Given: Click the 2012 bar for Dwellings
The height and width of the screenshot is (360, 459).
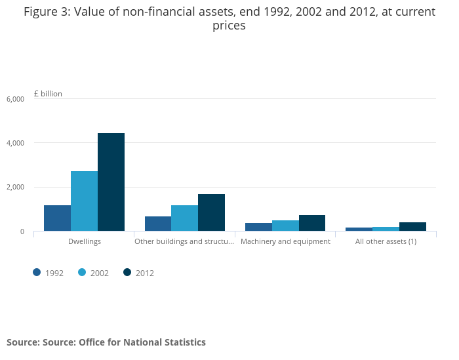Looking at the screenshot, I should [x=111, y=182].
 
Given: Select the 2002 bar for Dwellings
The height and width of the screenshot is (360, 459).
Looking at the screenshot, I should [x=84, y=201].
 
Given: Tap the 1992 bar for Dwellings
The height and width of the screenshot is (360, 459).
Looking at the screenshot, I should [x=57, y=218].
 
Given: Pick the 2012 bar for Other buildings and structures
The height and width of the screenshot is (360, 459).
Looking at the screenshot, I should [x=211, y=212].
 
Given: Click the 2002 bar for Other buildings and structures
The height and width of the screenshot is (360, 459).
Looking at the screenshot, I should [x=184, y=218].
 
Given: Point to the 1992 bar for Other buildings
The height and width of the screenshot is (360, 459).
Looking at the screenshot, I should [x=158, y=224].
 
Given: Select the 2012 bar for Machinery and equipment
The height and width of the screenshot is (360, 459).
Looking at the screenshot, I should [x=312, y=223].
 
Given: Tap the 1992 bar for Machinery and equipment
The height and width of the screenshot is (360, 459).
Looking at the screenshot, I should [x=258, y=227].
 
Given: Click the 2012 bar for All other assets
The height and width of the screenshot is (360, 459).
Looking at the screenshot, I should [x=412, y=226].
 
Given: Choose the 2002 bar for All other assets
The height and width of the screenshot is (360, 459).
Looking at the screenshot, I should [x=386, y=229].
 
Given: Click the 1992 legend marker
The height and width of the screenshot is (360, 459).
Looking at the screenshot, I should [x=37, y=273].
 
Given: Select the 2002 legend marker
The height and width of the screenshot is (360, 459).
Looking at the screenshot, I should [x=82, y=273].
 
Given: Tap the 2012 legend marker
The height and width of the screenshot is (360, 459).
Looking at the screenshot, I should [x=127, y=273].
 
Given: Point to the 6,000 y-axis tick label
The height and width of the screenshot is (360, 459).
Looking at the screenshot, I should [x=15, y=99].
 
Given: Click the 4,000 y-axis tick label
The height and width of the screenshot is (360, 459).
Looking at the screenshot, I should [x=15, y=143].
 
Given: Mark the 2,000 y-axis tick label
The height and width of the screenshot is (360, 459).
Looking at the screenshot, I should [x=15, y=188].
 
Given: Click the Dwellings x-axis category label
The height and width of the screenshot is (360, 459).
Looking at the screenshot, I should [x=84, y=242].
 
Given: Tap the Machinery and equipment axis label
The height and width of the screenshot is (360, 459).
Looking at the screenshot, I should [x=285, y=242].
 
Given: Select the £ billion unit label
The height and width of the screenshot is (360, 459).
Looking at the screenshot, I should [x=48, y=94].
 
